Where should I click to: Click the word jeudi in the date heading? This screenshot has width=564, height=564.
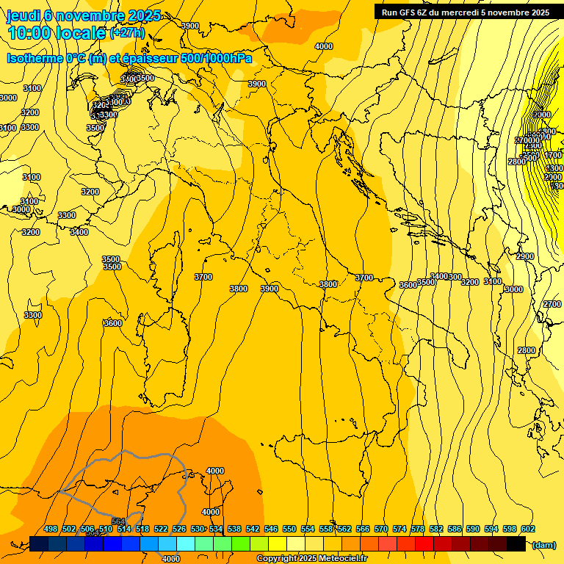tap(23, 15)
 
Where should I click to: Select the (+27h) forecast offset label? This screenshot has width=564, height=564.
tap(127, 33)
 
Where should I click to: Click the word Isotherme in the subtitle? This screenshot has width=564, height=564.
tap(34, 59)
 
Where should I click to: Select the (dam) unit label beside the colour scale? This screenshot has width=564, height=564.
tap(543, 545)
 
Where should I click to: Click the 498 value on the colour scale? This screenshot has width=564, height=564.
tap(51, 529)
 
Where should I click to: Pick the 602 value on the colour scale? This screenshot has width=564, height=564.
tap(528, 529)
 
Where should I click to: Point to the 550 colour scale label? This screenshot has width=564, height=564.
tap(289, 529)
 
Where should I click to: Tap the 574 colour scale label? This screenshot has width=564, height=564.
tap(399, 529)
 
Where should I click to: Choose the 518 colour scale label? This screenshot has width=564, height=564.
tap(142, 529)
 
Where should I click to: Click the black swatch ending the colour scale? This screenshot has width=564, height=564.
tap(516, 543)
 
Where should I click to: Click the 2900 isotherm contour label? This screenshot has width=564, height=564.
tap(524, 256)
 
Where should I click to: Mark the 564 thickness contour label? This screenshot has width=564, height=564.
tap(117, 501)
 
